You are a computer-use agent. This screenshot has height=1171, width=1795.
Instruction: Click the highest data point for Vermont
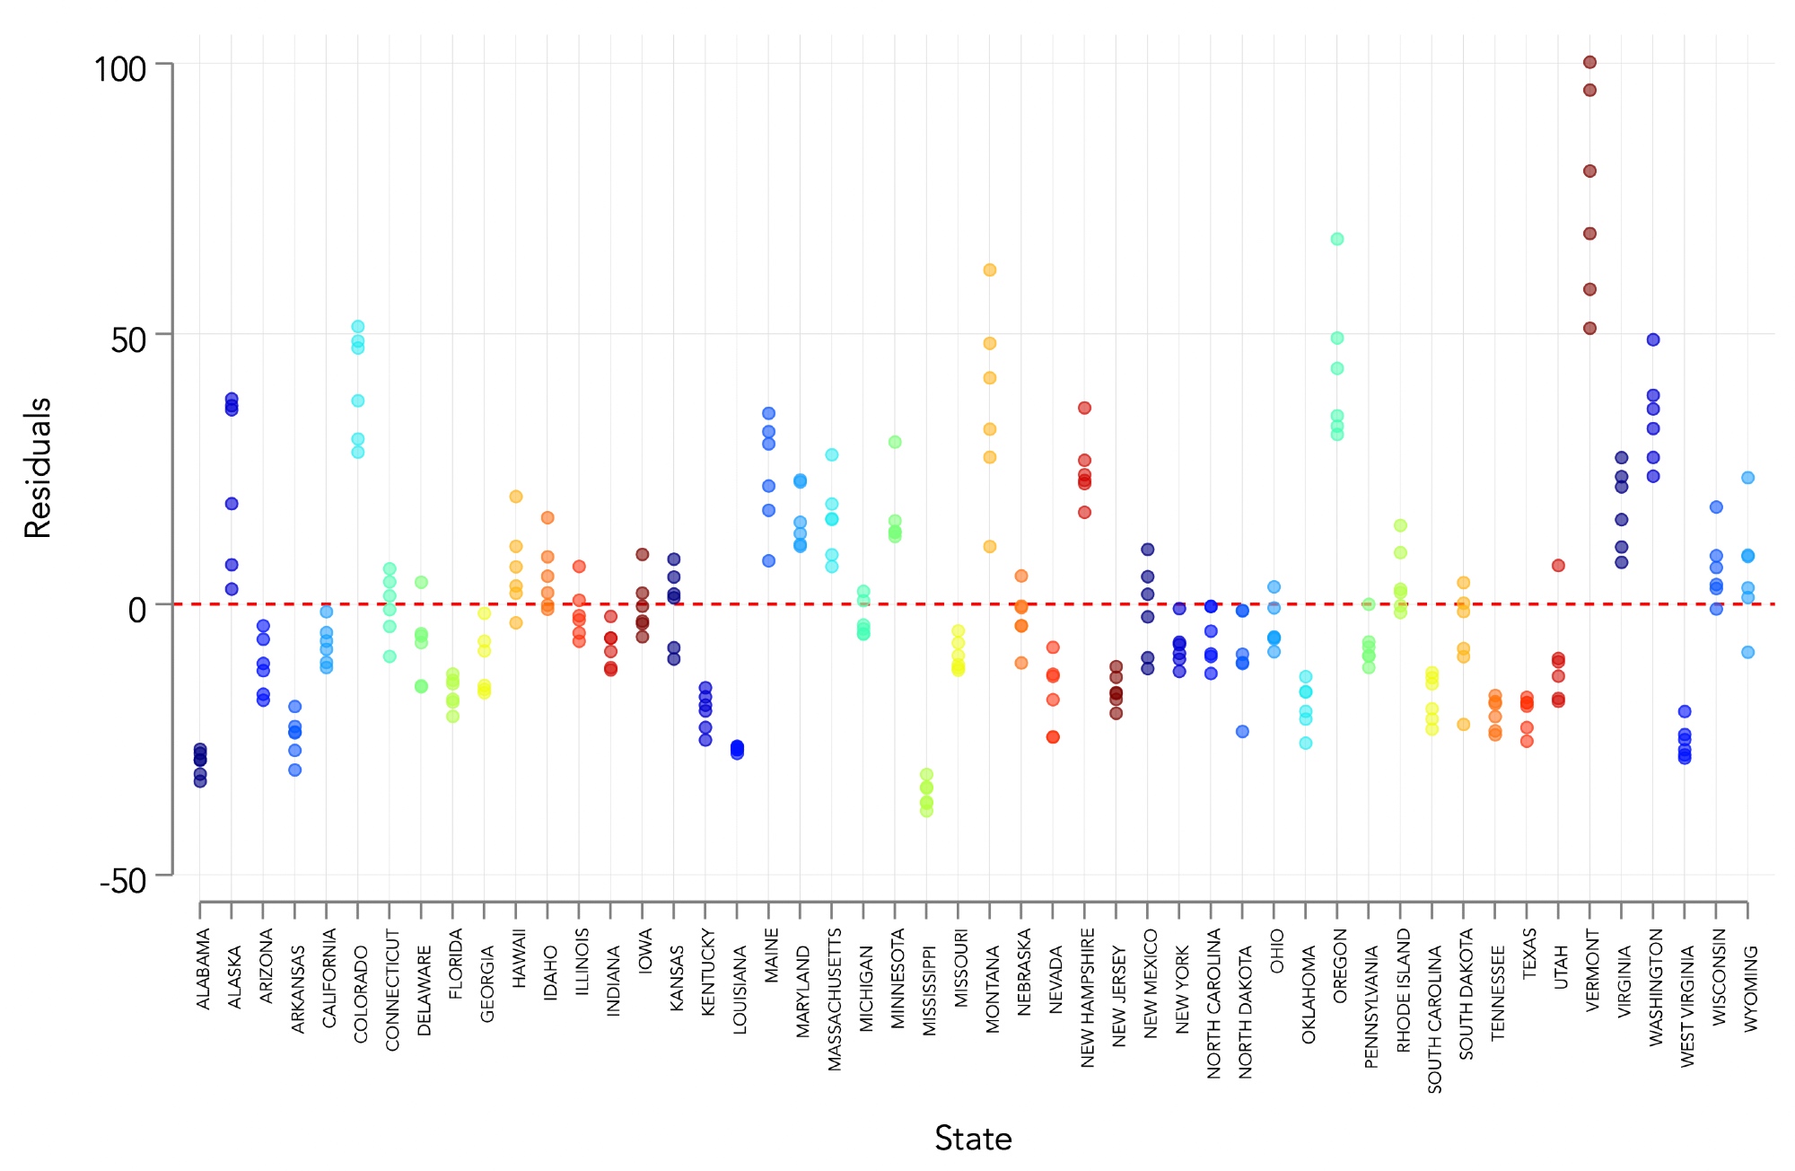1589,62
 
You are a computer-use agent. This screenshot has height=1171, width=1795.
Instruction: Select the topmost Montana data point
990,270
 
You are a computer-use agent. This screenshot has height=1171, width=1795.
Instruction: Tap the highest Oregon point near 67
1337,239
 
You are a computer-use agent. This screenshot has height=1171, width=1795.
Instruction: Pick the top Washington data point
1653,339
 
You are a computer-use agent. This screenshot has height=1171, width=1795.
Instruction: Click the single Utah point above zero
1559,566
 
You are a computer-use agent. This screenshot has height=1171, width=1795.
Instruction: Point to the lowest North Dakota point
1243,731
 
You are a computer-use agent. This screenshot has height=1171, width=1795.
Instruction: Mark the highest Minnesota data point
895,442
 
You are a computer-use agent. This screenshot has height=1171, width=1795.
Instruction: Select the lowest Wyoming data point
1748,652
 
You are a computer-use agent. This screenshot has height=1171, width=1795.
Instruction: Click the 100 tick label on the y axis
120,69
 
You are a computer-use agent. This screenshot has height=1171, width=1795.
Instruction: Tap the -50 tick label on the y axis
123,881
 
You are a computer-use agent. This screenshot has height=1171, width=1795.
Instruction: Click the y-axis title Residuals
38,468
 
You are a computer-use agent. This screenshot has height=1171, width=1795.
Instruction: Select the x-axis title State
973,1139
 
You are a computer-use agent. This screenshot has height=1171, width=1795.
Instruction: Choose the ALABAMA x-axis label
204,969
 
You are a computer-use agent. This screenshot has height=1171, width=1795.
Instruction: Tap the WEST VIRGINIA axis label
1687,1007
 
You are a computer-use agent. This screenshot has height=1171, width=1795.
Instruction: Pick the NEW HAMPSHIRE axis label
1088,998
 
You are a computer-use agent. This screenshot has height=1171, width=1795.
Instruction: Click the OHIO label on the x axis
1276,952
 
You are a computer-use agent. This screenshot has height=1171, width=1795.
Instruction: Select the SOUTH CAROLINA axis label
1434,1019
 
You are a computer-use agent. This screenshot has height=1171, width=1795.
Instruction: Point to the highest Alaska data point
232,399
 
